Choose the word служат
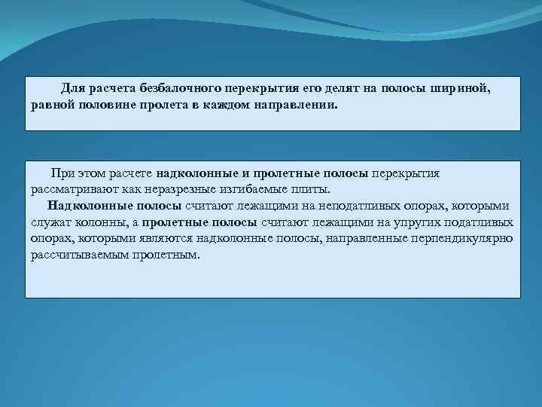click(x=50, y=222)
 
